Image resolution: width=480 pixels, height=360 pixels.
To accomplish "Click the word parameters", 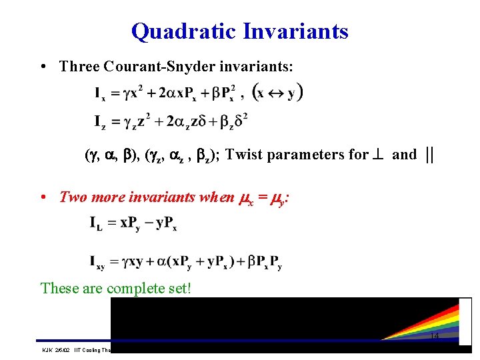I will pyautogui.click(x=306, y=155).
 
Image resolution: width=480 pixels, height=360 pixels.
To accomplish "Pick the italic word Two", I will pyautogui.click(x=73, y=197).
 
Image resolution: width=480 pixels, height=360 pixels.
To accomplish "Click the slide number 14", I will pyautogui.click(x=434, y=335).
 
